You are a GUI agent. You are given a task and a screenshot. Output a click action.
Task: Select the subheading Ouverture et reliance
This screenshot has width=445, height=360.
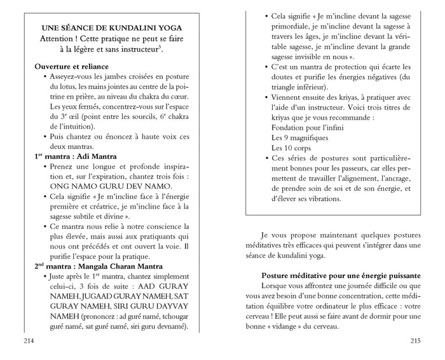coord(71,66)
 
